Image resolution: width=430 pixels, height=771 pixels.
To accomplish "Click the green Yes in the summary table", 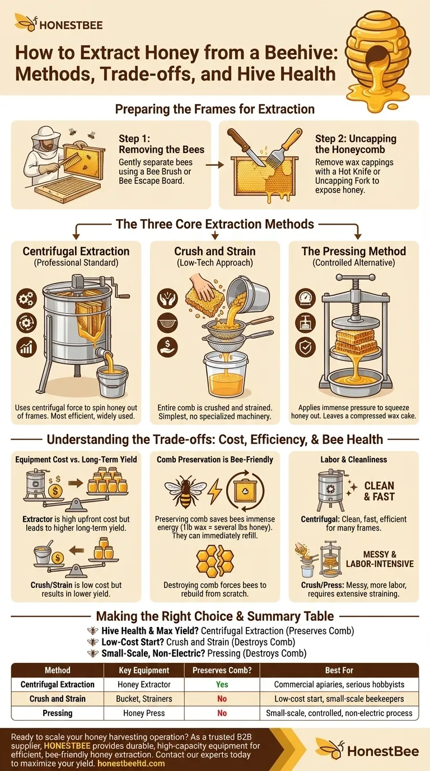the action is click(x=222, y=684).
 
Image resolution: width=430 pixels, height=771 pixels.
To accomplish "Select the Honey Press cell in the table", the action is click(x=144, y=713).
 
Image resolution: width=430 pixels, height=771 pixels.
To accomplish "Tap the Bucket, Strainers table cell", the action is click(x=144, y=699).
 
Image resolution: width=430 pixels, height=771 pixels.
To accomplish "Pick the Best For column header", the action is click(x=339, y=670).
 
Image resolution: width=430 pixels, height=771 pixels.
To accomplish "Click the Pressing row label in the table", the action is click(x=58, y=713).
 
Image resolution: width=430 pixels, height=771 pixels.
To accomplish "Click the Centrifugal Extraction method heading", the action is click(x=76, y=251).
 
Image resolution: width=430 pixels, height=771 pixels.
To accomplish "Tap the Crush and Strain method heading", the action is click(x=214, y=251).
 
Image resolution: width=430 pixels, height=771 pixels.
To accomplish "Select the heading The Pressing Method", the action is click(x=354, y=251).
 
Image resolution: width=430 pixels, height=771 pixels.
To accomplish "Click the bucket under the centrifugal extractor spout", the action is click(x=113, y=381).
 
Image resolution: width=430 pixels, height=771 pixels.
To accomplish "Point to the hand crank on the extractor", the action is click(x=120, y=291).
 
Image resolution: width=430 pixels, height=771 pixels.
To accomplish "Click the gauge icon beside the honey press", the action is click(x=305, y=299).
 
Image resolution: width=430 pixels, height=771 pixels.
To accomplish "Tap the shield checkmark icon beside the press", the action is click(x=305, y=347).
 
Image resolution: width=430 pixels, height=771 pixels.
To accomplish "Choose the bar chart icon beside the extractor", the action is click(x=26, y=347).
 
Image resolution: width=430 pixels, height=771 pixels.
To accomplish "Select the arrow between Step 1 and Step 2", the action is click(x=214, y=165).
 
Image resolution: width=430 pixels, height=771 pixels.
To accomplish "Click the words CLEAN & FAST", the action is click(x=379, y=491).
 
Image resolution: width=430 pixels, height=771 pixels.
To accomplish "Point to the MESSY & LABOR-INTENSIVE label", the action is click(x=380, y=559).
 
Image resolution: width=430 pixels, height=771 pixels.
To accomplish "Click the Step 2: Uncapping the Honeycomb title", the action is click(x=356, y=144).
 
